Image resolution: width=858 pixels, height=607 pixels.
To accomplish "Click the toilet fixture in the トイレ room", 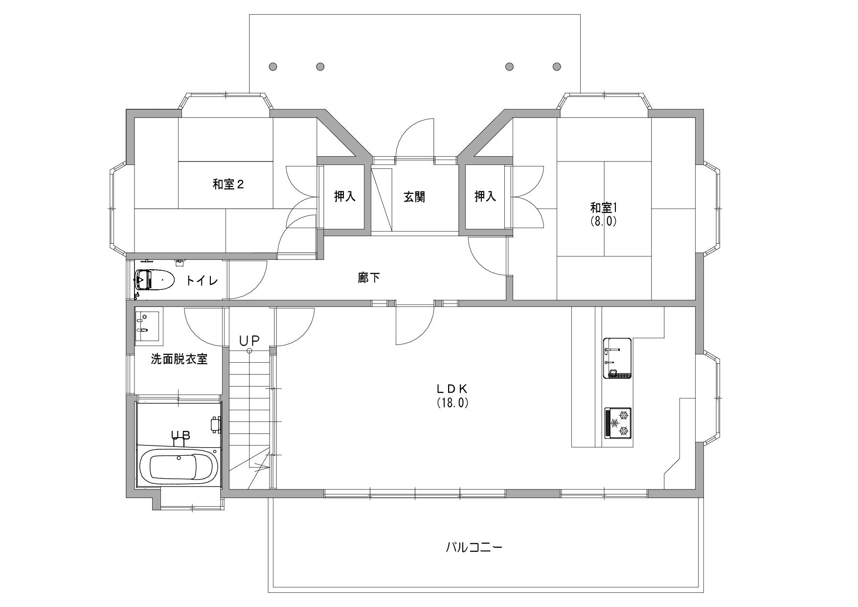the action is click(154, 280).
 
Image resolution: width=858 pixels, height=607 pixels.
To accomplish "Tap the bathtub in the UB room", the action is click(179, 467).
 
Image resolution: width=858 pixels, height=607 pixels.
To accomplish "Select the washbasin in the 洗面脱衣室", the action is click(147, 325).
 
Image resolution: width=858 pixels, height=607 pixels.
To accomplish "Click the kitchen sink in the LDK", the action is click(617, 358).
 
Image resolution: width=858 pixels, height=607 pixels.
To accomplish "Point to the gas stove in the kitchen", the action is click(618, 423).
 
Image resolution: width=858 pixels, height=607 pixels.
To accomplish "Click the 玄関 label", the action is click(414, 197).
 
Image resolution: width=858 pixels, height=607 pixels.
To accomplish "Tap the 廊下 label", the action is click(369, 278).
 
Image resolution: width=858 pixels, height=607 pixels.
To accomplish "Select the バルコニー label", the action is click(474, 547).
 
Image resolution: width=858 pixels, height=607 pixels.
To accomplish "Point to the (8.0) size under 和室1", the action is click(603, 221).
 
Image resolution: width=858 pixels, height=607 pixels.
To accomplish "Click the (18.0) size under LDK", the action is click(453, 403).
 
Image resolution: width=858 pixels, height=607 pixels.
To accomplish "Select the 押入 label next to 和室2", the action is click(345, 197).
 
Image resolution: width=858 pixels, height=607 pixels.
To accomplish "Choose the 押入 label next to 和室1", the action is click(485, 197).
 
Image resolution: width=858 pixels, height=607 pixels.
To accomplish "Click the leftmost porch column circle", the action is click(273, 66).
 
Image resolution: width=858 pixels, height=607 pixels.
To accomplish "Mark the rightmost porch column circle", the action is click(557, 66).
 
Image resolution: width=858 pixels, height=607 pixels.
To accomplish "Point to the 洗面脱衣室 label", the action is click(179, 359).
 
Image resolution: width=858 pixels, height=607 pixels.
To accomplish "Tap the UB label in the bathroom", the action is click(180, 435).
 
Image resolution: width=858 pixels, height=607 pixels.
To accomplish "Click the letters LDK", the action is click(453, 389).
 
